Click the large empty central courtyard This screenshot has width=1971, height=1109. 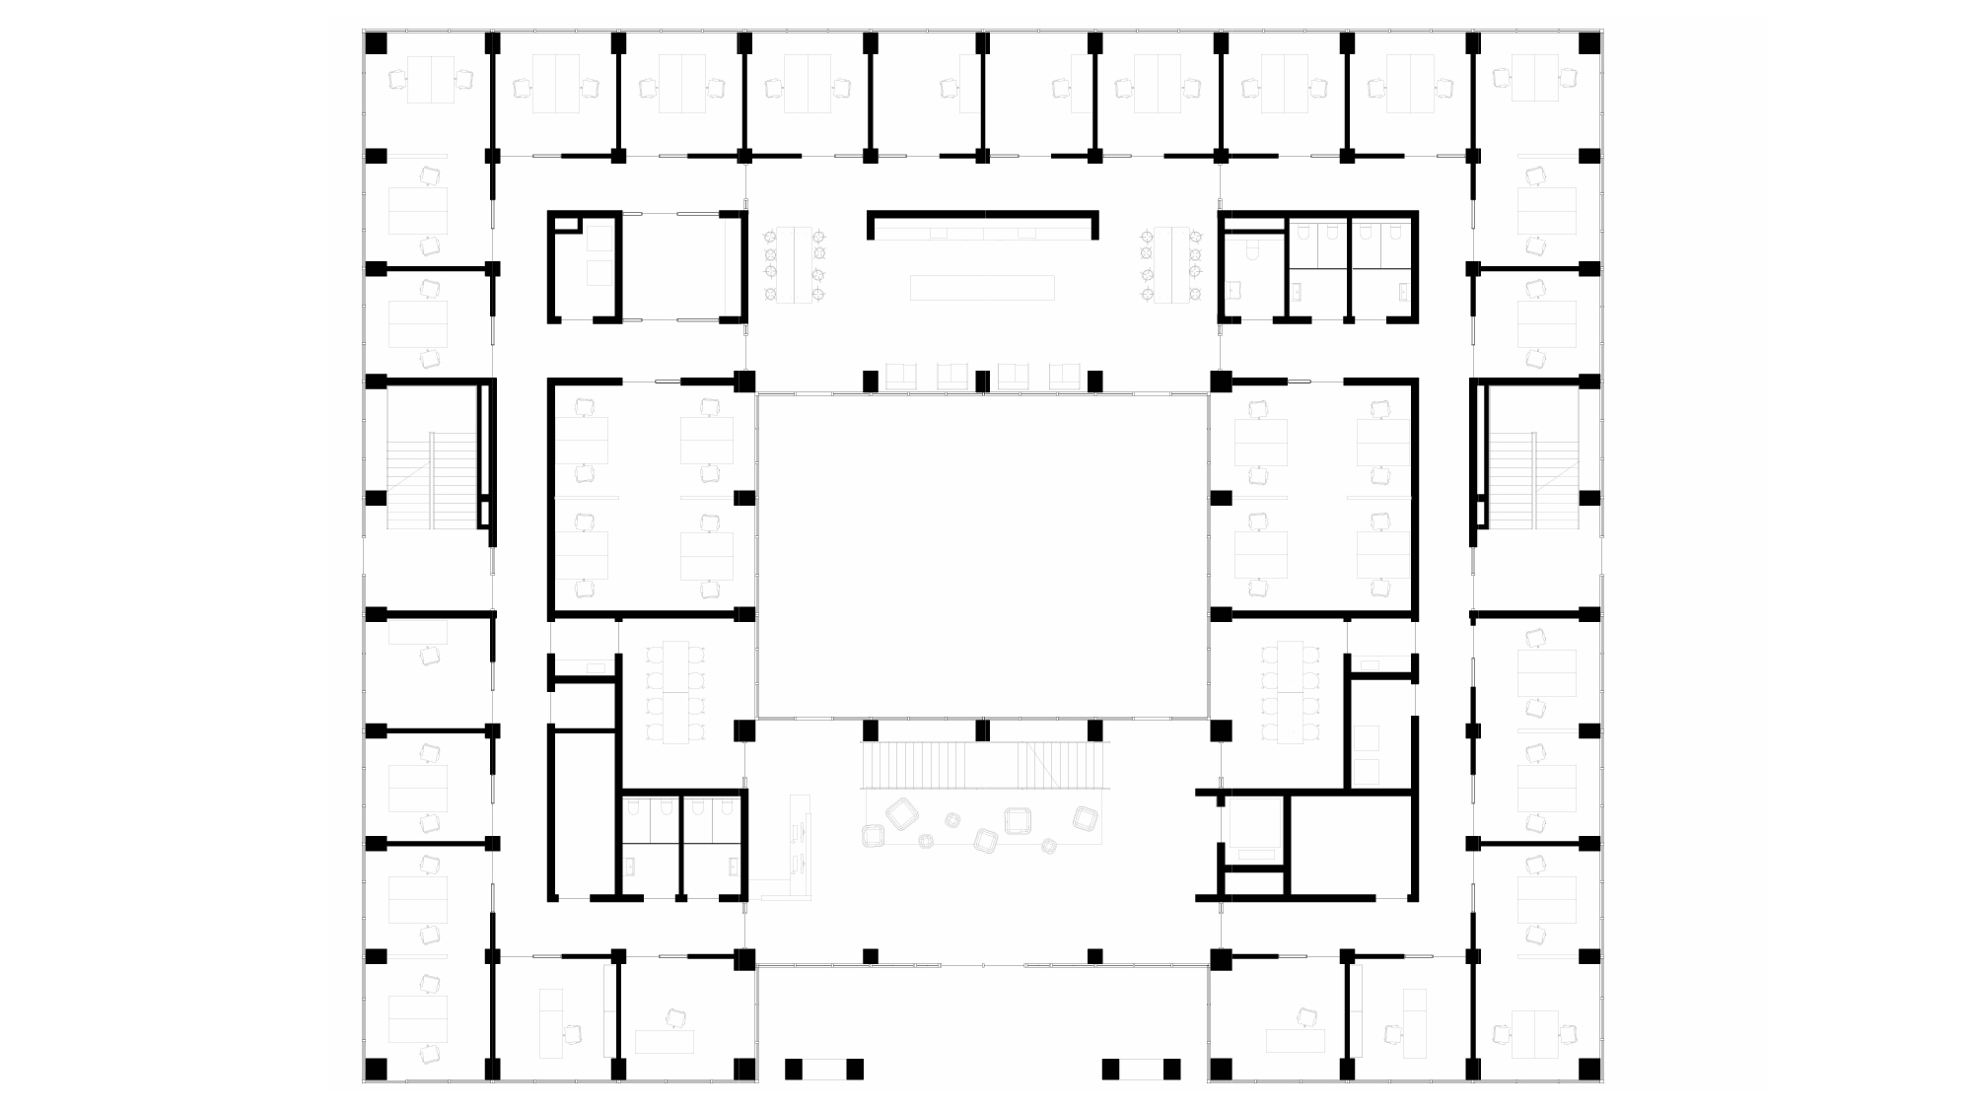(982, 555)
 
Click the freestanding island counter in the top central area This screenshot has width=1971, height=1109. (982, 288)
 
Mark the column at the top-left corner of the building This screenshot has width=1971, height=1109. (376, 43)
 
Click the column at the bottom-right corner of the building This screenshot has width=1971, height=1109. (1589, 1069)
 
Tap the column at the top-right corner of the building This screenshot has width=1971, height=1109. (1589, 43)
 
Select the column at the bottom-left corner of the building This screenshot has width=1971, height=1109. (376, 1069)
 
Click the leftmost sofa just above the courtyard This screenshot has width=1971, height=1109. (901, 377)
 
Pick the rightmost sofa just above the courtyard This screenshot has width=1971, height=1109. (1065, 377)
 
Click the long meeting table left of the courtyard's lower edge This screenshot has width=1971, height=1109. (675, 692)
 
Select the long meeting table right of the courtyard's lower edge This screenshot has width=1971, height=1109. (1290, 692)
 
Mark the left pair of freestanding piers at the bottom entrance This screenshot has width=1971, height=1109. (824, 1069)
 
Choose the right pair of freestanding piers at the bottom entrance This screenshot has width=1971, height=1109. (1141, 1069)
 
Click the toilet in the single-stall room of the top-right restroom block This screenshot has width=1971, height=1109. (1251, 248)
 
